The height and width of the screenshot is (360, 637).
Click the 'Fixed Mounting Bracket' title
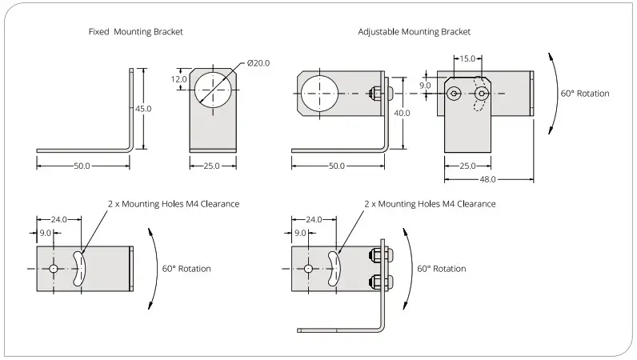click(x=135, y=32)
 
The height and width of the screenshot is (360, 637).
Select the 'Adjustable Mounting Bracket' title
click(x=414, y=32)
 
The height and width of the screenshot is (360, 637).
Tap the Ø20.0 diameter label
click(x=259, y=63)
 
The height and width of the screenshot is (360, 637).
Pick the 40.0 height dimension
click(x=402, y=113)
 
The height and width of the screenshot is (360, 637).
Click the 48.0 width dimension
click(x=487, y=178)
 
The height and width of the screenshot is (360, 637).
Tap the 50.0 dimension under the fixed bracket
click(x=82, y=166)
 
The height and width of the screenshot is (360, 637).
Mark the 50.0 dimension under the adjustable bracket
click(x=337, y=166)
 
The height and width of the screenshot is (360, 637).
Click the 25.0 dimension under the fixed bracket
click(x=213, y=166)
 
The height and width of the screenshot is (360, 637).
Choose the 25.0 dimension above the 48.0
click(x=467, y=166)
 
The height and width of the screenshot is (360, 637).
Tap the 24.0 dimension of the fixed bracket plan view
click(x=58, y=218)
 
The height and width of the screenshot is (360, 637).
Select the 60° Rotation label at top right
click(x=584, y=94)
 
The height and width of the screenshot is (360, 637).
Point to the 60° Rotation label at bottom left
click(x=186, y=269)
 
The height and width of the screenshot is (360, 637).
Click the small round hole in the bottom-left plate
click(x=53, y=269)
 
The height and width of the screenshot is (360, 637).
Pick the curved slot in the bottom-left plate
click(x=78, y=269)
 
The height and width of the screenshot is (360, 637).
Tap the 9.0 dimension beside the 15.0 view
click(x=425, y=85)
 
